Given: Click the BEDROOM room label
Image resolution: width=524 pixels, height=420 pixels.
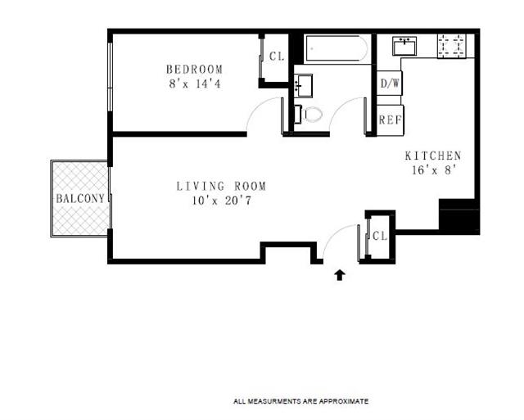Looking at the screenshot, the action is (194, 69).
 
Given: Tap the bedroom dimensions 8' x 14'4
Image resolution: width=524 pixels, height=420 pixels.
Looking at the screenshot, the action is (195, 84).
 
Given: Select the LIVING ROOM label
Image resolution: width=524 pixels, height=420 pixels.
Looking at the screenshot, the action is (221, 186).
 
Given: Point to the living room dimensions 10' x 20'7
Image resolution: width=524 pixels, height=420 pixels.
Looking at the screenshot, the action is (221, 201).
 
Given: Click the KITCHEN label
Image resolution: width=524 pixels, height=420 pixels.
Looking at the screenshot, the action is (433, 156).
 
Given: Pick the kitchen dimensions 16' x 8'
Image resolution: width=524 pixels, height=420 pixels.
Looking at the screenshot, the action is (434, 170).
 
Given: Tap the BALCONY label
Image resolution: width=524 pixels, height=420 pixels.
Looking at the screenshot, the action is (80, 198).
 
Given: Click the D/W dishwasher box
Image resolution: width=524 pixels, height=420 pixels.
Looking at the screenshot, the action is (390, 84).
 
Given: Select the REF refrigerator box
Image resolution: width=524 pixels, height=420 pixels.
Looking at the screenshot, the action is (390, 120).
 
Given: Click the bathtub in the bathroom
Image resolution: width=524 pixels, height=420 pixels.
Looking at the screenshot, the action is (337, 48).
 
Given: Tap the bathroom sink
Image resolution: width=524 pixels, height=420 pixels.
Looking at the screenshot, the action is (303, 86).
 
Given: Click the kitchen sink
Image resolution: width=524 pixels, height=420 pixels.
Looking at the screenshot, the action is (404, 46).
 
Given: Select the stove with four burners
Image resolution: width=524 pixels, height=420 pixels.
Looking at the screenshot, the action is (451, 46).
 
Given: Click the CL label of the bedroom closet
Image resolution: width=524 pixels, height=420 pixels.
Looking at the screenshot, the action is (277, 56).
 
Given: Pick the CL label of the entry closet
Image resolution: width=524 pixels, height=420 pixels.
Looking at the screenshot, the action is (380, 237).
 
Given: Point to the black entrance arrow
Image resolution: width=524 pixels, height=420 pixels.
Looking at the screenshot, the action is (340, 274).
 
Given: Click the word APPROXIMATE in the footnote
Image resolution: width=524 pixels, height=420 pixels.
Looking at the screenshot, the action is (344, 401).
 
